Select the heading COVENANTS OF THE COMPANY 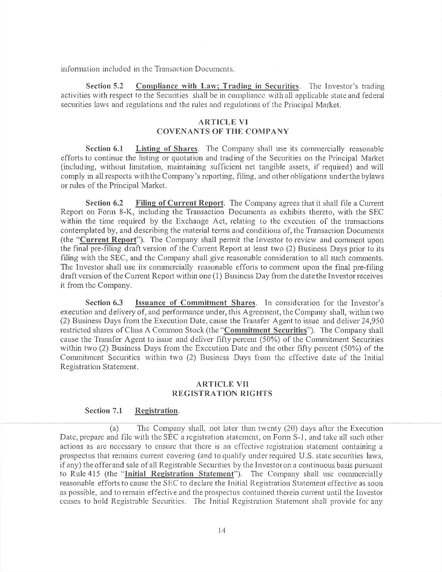[x=222, y=131]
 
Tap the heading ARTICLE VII [x=222, y=384]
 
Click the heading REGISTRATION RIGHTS [x=222, y=393]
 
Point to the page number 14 [x=222, y=530]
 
